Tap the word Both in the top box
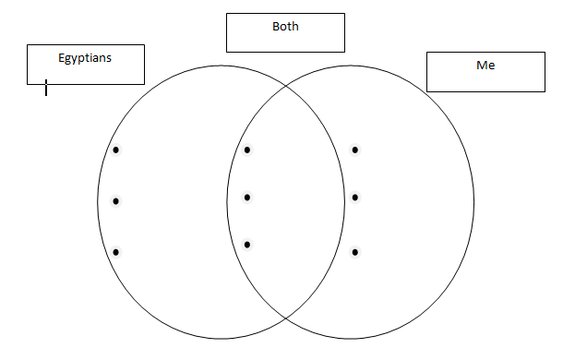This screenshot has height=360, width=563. (x=285, y=27)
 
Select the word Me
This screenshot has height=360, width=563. (x=485, y=66)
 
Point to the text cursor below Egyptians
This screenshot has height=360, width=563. (x=46, y=88)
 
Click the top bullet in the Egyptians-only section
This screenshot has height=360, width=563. (x=116, y=150)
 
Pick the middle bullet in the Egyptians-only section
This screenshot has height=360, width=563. (x=116, y=200)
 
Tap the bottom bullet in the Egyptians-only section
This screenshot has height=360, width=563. (x=116, y=251)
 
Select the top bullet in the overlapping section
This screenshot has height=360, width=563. (x=247, y=150)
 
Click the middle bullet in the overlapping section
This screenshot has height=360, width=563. (x=247, y=197)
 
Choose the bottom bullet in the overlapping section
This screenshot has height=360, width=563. (x=247, y=244)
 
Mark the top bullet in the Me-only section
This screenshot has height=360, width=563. (x=354, y=150)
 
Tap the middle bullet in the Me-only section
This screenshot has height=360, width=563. (x=354, y=197)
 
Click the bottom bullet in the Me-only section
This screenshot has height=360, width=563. (x=354, y=251)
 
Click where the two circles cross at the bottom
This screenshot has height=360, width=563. (x=286, y=318)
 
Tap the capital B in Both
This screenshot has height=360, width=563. (x=275, y=27)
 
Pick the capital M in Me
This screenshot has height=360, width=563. (x=481, y=66)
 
